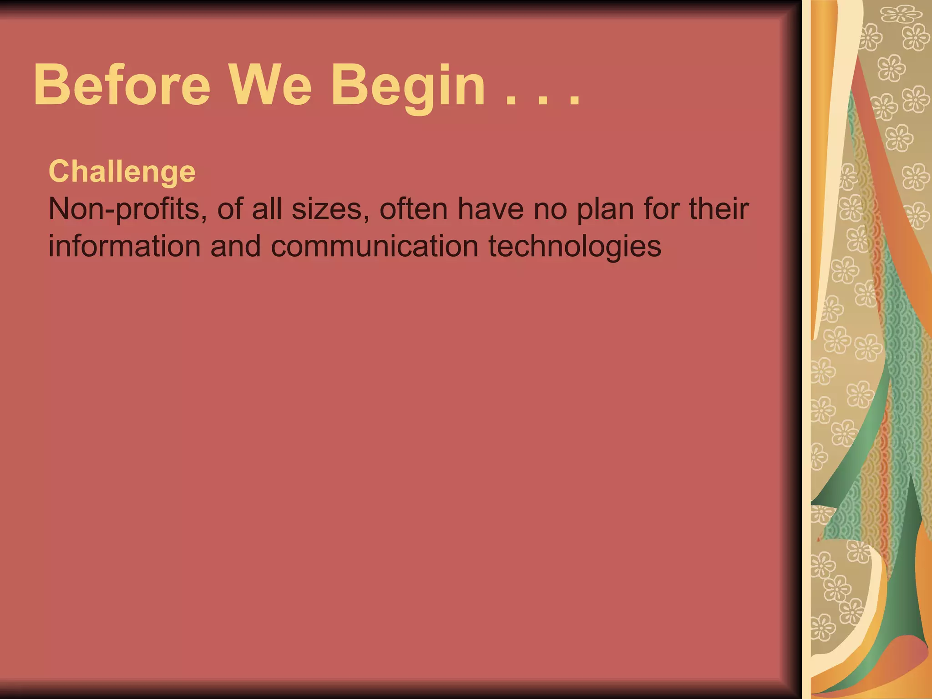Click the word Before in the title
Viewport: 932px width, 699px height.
[x=122, y=85]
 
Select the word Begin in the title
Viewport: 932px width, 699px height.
[x=408, y=86]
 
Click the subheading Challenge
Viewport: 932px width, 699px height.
[x=122, y=172]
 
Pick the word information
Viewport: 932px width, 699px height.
[x=124, y=246]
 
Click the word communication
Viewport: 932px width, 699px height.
[x=374, y=246]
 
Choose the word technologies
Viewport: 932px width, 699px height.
[x=575, y=247]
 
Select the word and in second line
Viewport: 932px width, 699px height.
[x=235, y=246]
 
